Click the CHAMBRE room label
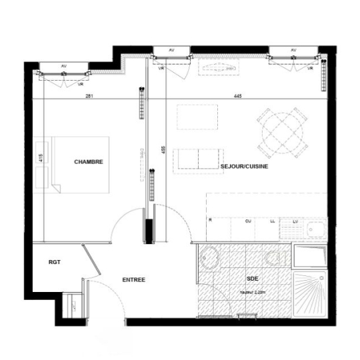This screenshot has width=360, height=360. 89,161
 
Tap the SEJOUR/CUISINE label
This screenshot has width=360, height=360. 243,166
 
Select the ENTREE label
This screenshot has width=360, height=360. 134,280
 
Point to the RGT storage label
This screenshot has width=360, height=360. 55,262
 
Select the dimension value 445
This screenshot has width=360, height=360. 237,97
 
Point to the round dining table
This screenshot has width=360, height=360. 282,131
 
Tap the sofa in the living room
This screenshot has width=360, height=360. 195,160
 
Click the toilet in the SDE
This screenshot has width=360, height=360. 275,257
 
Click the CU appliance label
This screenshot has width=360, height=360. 248,220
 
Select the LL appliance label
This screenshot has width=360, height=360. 272,220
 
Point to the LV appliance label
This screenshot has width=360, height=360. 295,220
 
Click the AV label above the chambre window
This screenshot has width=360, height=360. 64,66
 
